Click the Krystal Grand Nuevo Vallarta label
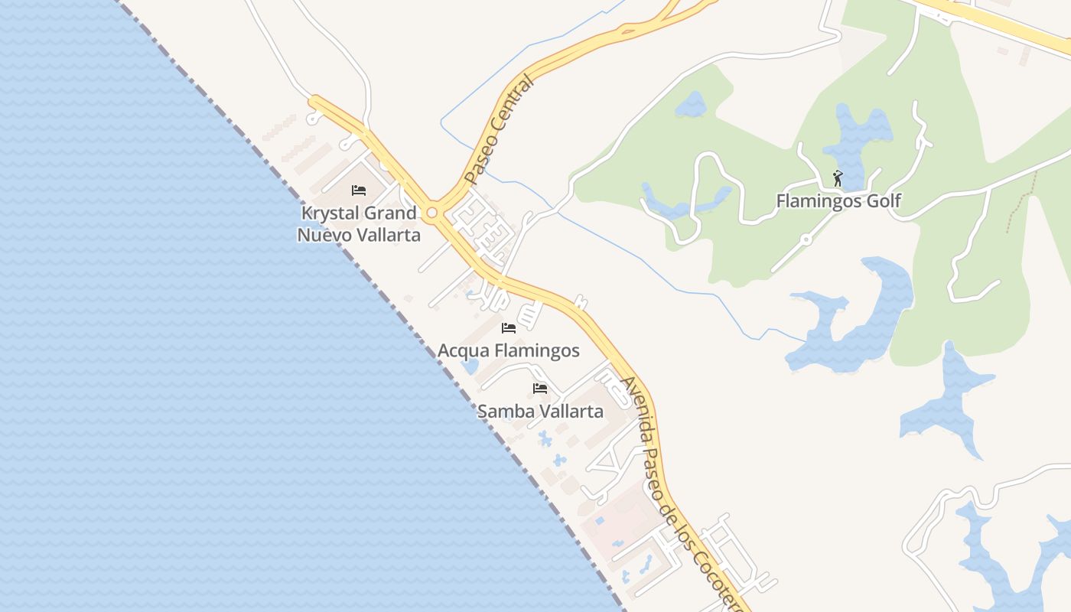click(359, 223)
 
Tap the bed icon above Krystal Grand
click(359, 190)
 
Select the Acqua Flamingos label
click(508, 350)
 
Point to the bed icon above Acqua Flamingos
click(508, 328)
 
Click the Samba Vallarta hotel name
click(540, 411)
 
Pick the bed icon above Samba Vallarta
click(540, 389)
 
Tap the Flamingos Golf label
click(838, 201)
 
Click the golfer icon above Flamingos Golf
click(838, 179)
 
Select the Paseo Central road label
click(497, 130)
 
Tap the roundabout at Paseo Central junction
click(432, 212)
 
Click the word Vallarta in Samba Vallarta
click(571, 411)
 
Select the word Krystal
click(330, 213)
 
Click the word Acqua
click(462, 350)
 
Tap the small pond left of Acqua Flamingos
click(470, 366)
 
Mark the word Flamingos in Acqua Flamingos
click(535, 350)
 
